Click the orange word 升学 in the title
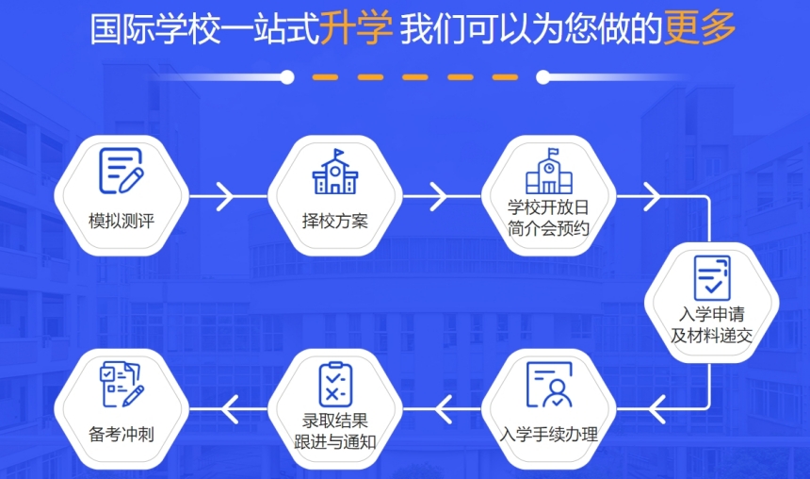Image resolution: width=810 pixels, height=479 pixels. click(355, 27)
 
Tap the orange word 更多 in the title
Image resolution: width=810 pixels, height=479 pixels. click(700, 27)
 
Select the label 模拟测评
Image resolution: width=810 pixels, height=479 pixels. click(121, 221)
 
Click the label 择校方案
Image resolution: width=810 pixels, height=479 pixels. click(335, 221)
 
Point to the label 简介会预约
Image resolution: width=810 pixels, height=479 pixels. click(548, 228)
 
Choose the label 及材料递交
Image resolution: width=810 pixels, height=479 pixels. click(712, 336)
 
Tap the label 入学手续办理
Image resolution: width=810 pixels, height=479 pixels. click(548, 434)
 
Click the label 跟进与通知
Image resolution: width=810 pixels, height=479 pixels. click(335, 442)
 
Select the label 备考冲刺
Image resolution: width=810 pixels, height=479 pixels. click(121, 434)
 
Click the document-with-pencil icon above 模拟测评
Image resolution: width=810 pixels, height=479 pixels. click(121, 171)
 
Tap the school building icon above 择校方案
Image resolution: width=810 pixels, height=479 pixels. click(335, 172)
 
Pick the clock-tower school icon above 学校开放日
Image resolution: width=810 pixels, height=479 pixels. click(549, 171)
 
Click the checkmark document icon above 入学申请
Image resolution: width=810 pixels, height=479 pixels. click(712, 278)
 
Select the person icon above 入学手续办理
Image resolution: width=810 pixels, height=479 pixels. click(549, 385)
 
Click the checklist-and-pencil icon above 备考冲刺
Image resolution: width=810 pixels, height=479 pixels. click(121, 385)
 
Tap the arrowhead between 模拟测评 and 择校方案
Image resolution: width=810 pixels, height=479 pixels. click(225, 196)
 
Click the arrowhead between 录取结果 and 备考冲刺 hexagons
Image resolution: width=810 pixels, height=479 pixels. click(230, 409)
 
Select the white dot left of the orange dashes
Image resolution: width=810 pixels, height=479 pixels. click(287, 77)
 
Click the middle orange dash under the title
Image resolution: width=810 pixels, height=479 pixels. click(415, 77)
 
